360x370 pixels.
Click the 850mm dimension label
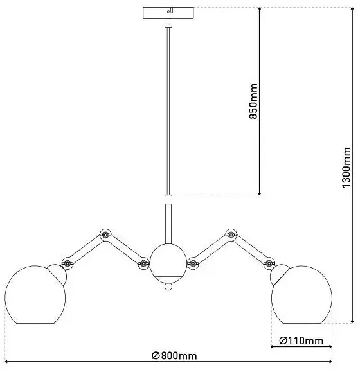click(x=253, y=101)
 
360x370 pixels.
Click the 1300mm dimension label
click(x=346, y=167)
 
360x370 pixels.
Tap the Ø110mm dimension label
click(x=301, y=340)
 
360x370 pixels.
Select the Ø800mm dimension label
click(x=174, y=356)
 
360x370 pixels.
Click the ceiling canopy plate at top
click(x=168, y=13)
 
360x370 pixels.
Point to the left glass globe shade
click(x=35, y=294)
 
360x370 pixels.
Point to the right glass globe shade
click(x=301, y=294)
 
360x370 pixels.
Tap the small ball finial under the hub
click(x=168, y=286)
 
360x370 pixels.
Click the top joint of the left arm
click(x=105, y=235)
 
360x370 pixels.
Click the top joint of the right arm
click(x=231, y=235)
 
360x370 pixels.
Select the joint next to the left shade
click(x=67, y=263)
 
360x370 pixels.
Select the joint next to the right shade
click(x=269, y=263)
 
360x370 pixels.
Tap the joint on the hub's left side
click(x=143, y=263)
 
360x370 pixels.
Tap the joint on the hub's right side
click(x=193, y=263)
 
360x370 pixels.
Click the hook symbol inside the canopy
click(x=169, y=10)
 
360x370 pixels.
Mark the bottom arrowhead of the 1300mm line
click(x=352, y=321)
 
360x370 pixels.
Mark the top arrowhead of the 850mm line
click(x=259, y=9)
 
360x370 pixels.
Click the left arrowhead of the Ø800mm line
click(x=7, y=361)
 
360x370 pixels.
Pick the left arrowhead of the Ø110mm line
click(x=273, y=346)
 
